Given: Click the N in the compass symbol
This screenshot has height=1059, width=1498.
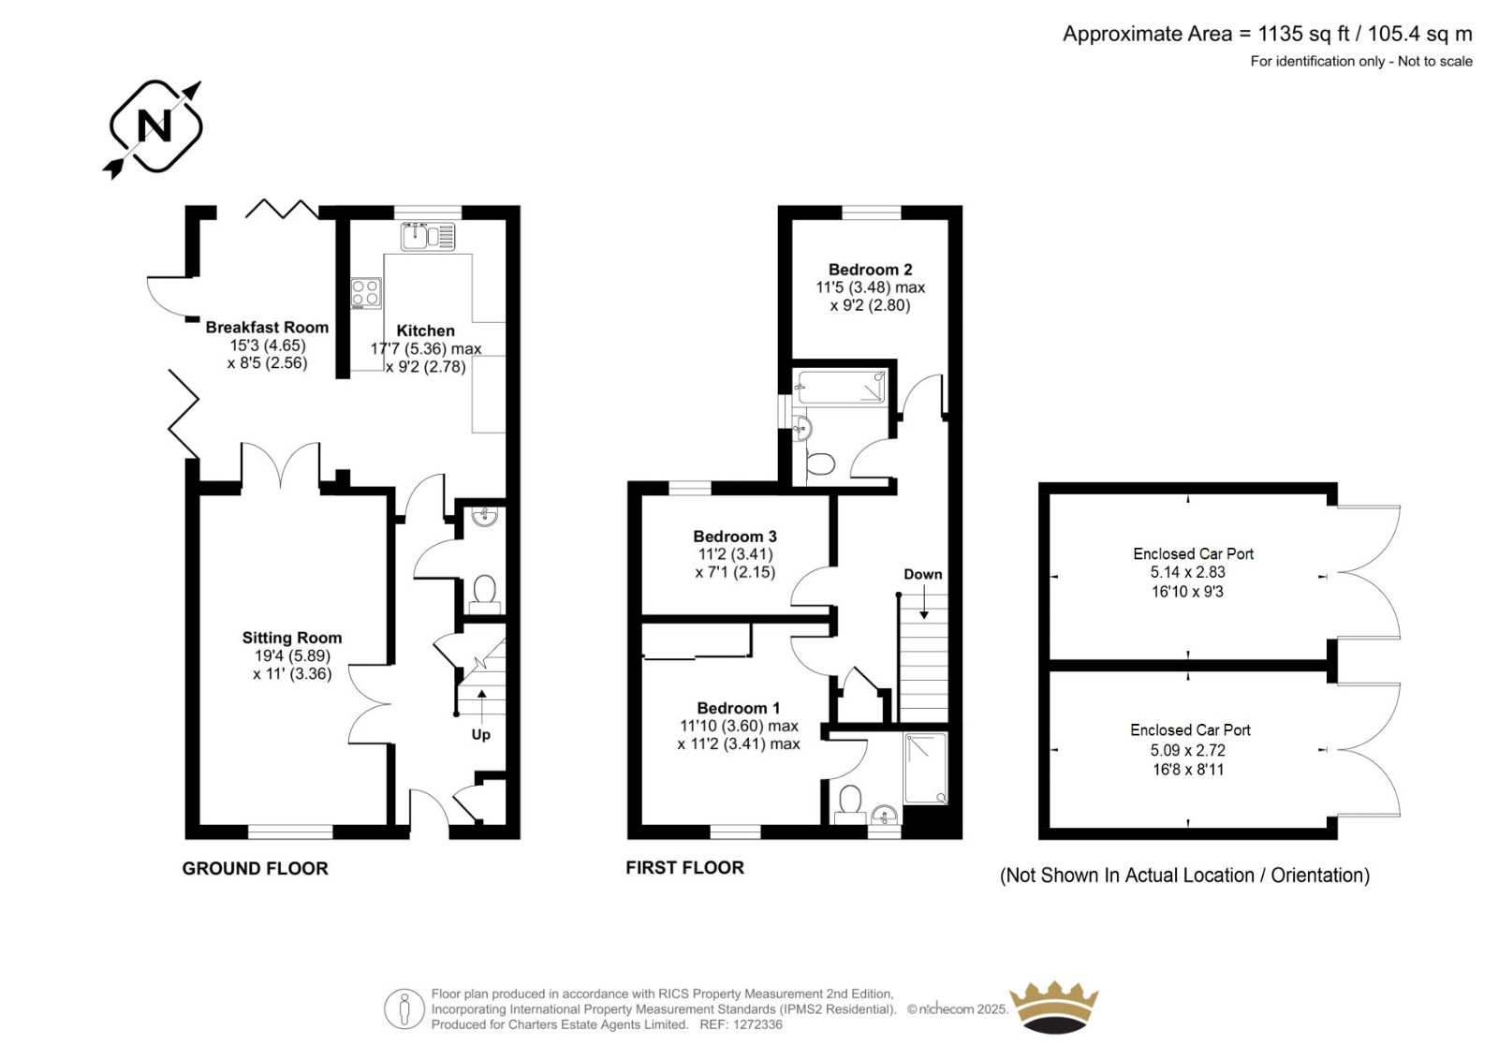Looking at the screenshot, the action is [x=154, y=125].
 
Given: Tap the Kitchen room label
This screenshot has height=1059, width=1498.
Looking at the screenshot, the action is [x=425, y=331].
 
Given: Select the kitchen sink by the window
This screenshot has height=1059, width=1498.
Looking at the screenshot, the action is [x=428, y=236].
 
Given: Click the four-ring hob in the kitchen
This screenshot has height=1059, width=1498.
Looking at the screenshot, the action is [x=366, y=293].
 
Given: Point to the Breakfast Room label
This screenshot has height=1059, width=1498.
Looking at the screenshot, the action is [x=267, y=327].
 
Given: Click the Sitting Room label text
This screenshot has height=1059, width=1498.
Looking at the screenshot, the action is [x=291, y=638].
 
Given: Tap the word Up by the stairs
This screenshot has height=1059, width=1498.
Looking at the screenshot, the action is [x=481, y=734].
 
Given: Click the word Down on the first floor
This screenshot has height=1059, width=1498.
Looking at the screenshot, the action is [x=923, y=574].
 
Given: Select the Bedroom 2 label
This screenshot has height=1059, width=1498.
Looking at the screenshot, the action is [x=870, y=270].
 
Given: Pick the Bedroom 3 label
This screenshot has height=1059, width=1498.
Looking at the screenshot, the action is [x=735, y=537].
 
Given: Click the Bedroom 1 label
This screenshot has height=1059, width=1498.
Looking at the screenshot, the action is [x=739, y=708].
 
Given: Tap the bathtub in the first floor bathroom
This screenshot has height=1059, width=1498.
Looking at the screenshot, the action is [x=841, y=387].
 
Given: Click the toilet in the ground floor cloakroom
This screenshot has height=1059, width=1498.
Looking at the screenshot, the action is [x=485, y=595].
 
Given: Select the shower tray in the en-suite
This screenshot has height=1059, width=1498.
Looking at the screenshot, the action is [x=926, y=768].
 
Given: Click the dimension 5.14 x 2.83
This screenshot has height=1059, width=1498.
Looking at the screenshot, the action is [x=1188, y=572].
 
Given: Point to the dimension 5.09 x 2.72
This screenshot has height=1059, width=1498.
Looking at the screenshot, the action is [x=1188, y=750].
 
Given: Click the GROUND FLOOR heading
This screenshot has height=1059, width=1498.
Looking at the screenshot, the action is [x=256, y=868].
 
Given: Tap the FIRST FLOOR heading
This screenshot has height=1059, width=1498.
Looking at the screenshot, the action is [x=684, y=868].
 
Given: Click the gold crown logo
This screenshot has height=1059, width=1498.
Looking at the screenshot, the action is [x=1054, y=1007].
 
